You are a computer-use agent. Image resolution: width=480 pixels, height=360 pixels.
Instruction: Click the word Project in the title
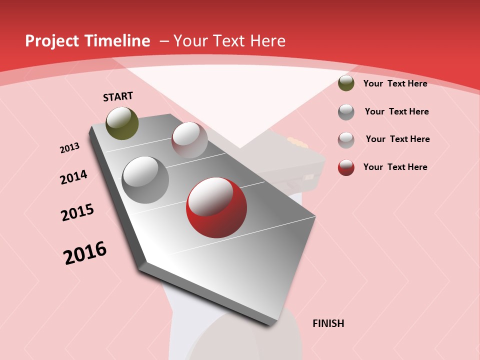pos(52,41)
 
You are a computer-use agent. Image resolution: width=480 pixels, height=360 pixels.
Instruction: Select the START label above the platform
pos(118,96)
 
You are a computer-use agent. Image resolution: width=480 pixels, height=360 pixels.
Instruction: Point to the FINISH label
pos(328,323)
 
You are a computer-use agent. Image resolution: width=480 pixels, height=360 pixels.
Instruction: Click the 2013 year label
pos(69,148)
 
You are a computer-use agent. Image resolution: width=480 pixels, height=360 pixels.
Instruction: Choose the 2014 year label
pos(73,177)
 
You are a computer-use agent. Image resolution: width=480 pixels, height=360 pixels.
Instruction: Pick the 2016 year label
pos(85,252)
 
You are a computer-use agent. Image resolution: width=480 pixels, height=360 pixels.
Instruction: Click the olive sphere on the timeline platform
pos(122,123)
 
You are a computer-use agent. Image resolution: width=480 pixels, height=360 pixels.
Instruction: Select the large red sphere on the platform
pos(216,207)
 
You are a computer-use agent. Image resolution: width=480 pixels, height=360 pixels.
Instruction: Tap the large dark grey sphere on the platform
pos(145,180)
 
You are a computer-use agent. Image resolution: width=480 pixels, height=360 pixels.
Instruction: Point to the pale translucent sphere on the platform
pos(189,140)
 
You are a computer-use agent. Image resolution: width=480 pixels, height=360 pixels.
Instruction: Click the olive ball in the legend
pos(346,83)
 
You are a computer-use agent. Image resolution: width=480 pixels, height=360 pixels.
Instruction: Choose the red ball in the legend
pos(346,167)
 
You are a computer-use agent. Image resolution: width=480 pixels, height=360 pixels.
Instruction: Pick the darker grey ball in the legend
pos(346,112)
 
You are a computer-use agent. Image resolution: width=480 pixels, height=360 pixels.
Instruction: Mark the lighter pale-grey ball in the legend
pos(346,140)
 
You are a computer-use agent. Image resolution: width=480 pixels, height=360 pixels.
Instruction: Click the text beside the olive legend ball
pos(395,83)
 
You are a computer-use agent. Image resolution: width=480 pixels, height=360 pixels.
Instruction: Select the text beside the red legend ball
pos(395,167)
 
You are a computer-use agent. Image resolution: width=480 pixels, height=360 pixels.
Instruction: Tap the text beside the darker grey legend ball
pos(396,111)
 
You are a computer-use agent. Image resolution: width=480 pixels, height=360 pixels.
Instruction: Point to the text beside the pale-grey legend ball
pos(397,139)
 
